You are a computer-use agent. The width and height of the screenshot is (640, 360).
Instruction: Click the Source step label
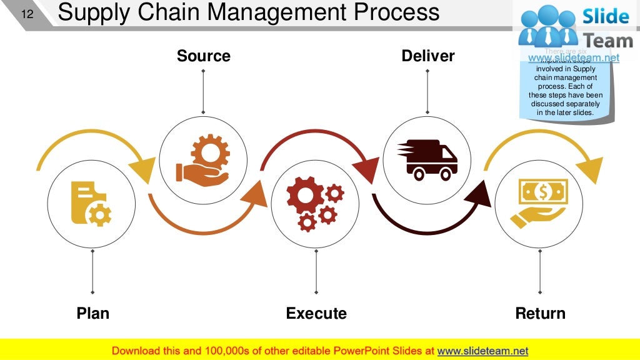coord(203,56)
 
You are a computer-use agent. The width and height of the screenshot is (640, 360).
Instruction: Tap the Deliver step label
coord(427,56)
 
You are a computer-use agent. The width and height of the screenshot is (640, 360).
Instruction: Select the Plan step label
coord(92,313)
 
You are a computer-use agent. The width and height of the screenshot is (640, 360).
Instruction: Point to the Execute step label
coord(316,313)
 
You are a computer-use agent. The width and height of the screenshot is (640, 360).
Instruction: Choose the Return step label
coord(540,313)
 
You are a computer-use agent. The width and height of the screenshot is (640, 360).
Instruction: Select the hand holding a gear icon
coord(203,161)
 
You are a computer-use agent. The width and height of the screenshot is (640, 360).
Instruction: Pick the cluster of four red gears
coord(315,204)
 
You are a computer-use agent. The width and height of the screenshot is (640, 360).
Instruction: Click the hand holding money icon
coord(539,204)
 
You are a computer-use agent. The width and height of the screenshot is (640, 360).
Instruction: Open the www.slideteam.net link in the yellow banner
coord(482,351)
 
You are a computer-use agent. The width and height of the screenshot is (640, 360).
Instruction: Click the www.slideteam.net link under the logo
coord(574,58)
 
